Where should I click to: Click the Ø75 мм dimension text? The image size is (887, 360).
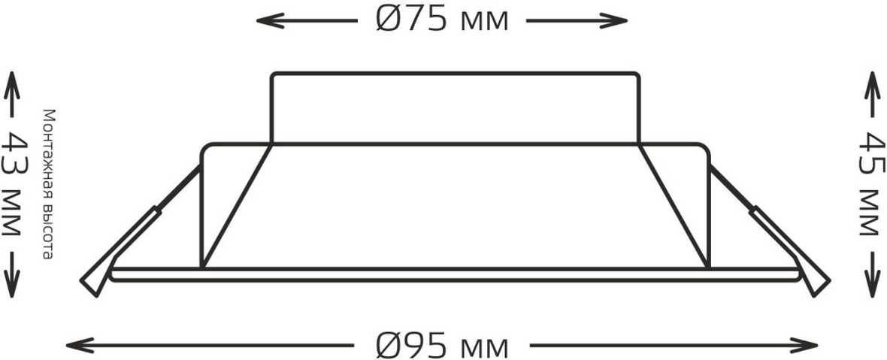[442, 20]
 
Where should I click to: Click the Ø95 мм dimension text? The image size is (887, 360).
[442, 344]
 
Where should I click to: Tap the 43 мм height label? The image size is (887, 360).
[12, 183]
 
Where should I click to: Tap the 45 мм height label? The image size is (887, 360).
[872, 183]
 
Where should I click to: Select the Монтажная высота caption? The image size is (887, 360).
[49, 184]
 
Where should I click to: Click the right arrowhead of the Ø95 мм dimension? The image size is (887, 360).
[804, 345]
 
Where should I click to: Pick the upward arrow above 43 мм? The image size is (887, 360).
[12, 93]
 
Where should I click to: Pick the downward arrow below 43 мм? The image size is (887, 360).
[12, 275]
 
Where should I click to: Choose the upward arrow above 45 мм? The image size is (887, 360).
[872, 93]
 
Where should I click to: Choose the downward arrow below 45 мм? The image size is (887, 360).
[872, 275]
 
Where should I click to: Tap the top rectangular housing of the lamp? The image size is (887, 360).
[456, 108]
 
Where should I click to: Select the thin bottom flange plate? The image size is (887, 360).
[456, 274]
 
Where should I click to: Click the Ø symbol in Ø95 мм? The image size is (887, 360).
[389, 345]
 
